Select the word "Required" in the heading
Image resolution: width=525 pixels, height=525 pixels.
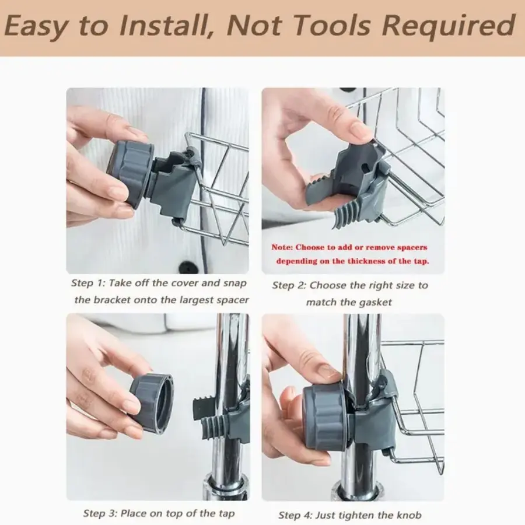(448, 27)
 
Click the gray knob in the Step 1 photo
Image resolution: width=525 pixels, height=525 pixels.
(131, 173)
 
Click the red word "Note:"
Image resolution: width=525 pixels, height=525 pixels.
(282, 247)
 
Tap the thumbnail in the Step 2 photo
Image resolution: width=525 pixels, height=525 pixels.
(360, 131)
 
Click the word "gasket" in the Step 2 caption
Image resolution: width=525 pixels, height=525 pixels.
(374, 302)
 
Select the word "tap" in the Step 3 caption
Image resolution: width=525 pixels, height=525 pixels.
(226, 513)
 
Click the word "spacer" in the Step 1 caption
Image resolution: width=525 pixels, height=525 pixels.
(232, 300)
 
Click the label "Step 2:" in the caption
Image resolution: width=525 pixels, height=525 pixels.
(289, 286)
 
